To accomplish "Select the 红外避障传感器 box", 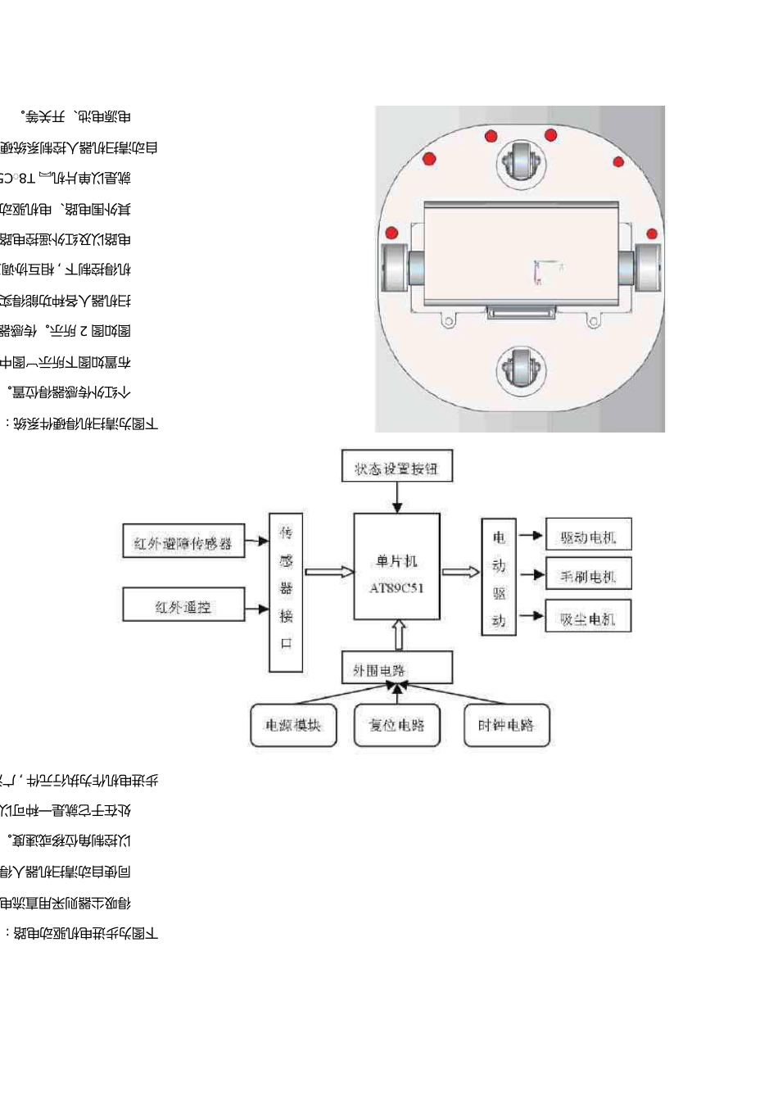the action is coord(183,541).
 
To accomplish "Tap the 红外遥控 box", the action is coord(183,605).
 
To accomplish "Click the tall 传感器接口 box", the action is coord(286,592).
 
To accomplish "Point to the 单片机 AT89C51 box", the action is coord(396,567).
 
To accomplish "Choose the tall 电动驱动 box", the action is coord(499,577).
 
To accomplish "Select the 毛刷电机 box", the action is coord(588,575).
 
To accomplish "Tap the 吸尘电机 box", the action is coord(588,617).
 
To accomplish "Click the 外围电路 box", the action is coord(396,668).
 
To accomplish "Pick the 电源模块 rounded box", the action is coord(293,725).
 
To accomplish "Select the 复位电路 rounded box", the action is coord(396,725).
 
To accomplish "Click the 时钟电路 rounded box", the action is coord(506,725).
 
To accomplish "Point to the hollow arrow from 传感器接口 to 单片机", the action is coord(328,572).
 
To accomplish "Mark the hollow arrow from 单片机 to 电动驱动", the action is coord(460,572).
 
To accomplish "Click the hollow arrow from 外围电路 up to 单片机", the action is coord(398,635).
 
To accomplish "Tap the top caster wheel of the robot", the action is coord(520,160).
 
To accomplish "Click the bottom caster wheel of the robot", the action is coord(519,369).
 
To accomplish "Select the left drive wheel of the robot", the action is coord(396,267).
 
